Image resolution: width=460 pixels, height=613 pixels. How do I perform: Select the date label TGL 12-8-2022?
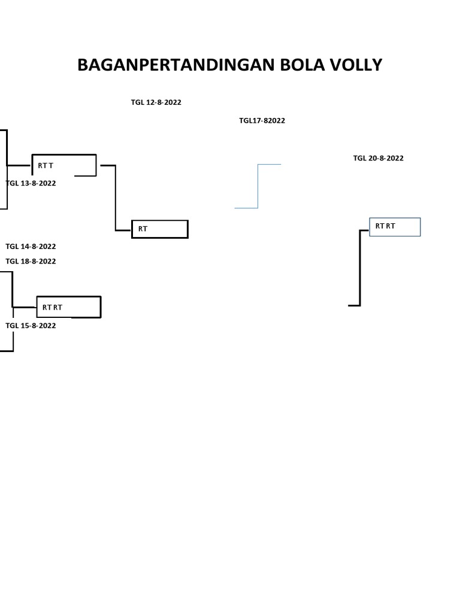point(156,102)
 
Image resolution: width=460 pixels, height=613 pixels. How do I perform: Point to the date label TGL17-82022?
point(262,120)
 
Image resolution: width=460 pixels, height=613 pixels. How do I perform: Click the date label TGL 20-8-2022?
point(378,158)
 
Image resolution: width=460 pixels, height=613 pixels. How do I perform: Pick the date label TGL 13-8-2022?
point(31,183)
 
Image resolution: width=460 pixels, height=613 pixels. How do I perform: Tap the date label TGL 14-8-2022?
point(31,246)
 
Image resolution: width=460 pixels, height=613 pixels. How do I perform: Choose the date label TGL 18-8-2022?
point(31,261)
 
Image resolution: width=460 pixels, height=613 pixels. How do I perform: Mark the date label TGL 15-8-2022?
point(31,326)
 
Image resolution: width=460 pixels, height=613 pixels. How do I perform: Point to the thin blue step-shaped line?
point(258,186)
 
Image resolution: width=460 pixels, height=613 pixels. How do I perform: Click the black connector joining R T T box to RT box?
point(116,198)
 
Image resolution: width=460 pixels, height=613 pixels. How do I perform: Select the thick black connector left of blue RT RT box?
point(360,268)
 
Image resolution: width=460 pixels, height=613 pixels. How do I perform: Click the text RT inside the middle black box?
point(143,229)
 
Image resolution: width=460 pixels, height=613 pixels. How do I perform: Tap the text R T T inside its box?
point(46,165)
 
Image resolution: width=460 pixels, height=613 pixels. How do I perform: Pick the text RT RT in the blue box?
point(385,226)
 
